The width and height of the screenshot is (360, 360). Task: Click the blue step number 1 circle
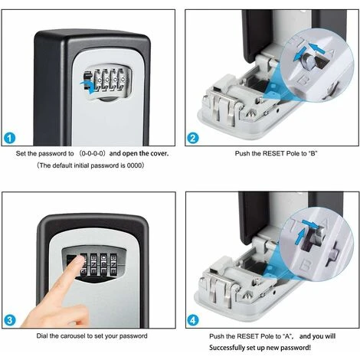tap(10, 138)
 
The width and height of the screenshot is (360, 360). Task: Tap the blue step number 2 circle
tap(193, 138)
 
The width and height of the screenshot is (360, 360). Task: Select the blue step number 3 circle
tap(10, 320)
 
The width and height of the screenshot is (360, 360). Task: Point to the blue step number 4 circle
tap(193, 320)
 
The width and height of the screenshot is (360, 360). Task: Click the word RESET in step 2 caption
tap(273, 153)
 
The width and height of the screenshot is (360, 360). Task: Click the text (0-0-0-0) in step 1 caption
tap(92, 153)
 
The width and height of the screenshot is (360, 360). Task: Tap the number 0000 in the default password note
tap(134, 165)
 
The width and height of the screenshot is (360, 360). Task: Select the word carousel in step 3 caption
tap(74, 335)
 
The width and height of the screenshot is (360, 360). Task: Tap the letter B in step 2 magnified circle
tap(303, 80)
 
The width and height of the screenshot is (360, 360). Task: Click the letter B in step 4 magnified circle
tap(305, 265)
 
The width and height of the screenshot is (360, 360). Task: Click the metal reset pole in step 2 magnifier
tap(309, 61)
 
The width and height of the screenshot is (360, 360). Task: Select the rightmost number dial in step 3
tap(113, 264)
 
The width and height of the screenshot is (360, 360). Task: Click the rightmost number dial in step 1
tap(123, 80)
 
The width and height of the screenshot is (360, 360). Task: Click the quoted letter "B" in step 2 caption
tap(313, 153)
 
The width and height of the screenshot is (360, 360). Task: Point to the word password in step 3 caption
tap(133, 335)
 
